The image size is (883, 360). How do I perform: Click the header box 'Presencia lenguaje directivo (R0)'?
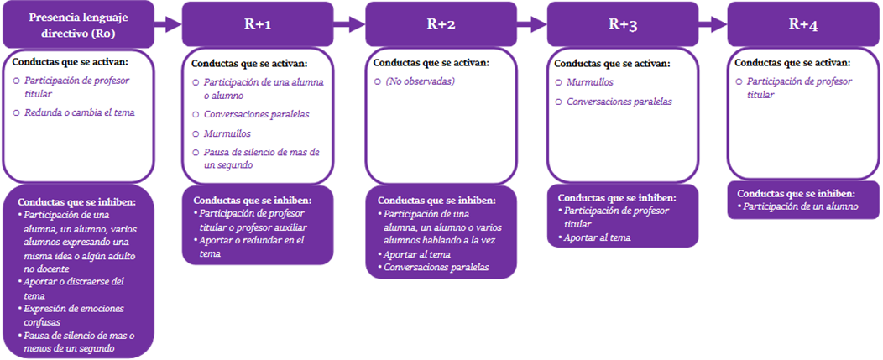[x=78, y=24]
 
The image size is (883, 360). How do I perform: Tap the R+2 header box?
[x=441, y=24]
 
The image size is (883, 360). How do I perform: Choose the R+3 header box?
[x=623, y=24]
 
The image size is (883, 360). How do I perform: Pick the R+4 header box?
[x=802, y=24]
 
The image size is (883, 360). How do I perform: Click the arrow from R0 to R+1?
[x=168, y=25]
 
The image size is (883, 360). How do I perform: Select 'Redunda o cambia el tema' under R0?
[x=79, y=112]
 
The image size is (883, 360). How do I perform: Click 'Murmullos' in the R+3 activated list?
[x=590, y=82]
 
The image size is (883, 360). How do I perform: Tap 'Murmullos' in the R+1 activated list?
[x=227, y=133]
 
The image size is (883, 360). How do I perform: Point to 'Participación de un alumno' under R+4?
[x=801, y=206]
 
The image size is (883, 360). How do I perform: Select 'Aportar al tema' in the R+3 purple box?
[x=597, y=238]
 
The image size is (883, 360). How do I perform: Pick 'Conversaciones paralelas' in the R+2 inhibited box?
[x=436, y=267]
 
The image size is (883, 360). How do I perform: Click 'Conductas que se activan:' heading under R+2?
[x=431, y=62]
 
